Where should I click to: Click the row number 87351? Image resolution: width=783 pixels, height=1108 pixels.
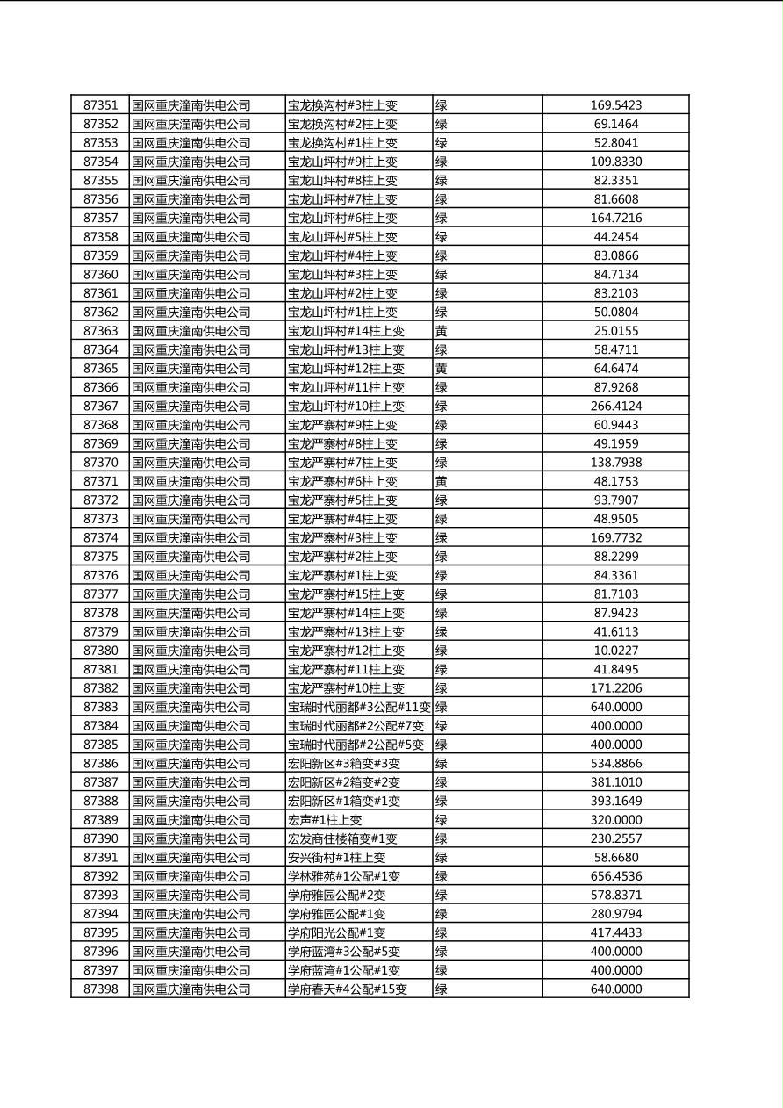coord(100,105)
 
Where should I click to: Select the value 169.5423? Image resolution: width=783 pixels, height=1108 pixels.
coord(615,105)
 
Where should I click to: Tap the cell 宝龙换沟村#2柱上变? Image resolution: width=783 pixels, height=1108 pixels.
coord(342,125)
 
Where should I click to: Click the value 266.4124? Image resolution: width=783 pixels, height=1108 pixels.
coord(615,407)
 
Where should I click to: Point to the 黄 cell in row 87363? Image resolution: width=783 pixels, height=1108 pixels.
coord(442,331)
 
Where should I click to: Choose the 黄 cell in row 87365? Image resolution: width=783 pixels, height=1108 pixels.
coord(442,369)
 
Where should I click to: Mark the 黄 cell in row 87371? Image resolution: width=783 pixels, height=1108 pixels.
coord(442,481)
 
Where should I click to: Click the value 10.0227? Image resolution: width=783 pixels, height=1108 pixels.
coord(615,651)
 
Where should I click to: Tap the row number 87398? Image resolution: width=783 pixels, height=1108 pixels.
coord(100,989)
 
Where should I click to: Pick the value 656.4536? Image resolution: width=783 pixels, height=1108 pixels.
coord(615,876)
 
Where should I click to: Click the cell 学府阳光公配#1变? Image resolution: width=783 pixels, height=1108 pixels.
coord(336,932)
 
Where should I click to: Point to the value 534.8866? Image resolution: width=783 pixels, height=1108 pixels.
coord(615,764)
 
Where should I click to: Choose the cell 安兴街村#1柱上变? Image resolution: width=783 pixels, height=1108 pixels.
coord(336,858)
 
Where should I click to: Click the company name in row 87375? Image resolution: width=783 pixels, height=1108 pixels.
coord(191,557)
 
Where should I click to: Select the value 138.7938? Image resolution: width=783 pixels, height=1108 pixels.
coord(615,463)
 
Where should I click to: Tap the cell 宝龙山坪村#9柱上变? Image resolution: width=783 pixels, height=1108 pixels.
coord(342,162)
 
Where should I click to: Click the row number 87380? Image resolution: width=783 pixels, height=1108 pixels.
coord(100,651)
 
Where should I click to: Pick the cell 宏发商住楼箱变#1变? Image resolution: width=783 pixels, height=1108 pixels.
coord(342,838)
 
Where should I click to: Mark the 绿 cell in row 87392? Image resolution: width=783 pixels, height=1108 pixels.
coord(442,876)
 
